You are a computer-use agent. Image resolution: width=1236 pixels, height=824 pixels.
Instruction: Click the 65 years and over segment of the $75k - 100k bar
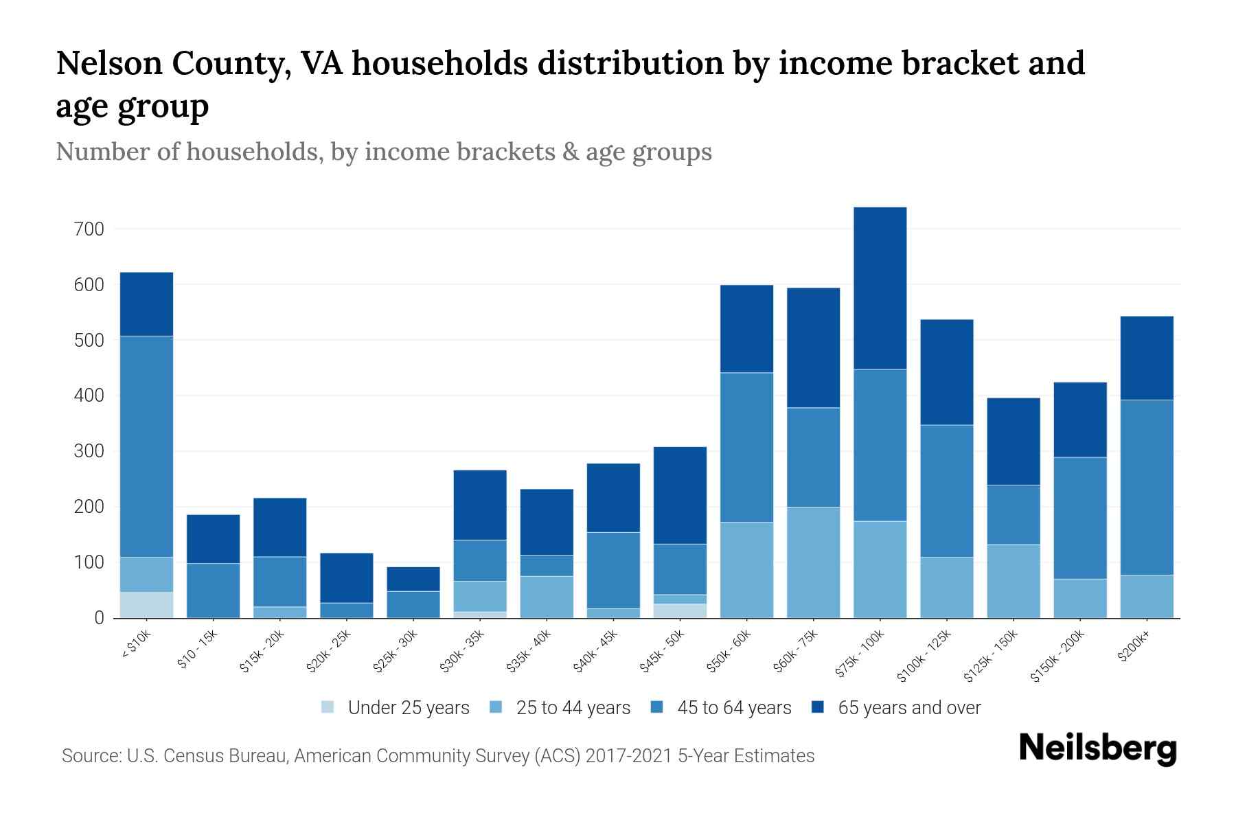click(x=880, y=288)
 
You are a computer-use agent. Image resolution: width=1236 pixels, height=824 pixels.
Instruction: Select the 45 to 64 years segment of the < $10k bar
click(x=146, y=446)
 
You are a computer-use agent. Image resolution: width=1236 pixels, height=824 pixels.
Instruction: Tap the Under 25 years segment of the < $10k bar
click(x=146, y=604)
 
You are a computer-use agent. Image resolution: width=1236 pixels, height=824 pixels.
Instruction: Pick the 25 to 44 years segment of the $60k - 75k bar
click(x=813, y=562)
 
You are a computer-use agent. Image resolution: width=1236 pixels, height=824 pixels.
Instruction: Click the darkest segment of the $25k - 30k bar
click(x=413, y=579)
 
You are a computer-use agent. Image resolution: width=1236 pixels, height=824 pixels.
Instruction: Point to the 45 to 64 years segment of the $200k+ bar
click(x=1146, y=488)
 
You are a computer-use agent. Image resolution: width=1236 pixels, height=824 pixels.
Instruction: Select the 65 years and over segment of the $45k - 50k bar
click(x=680, y=495)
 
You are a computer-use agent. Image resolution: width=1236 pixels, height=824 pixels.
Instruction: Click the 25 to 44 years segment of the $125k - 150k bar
click(x=1013, y=581)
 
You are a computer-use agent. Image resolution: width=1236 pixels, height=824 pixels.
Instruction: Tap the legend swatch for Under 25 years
click(x=328, y=707)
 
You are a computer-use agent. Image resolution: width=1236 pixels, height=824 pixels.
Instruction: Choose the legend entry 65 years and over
click(x=908, y=708)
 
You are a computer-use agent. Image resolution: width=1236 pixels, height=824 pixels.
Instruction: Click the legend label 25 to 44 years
click(x=573, y=708)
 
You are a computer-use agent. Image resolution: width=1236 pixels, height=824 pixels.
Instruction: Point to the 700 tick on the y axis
click(x=89, y=229)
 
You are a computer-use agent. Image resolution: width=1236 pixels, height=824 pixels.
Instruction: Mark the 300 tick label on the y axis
click(x=89, y=451)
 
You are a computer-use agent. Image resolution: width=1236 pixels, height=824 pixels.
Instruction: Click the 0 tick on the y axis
click(x=99, y=618)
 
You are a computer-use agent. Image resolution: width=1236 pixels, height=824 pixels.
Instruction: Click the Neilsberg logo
click(x=1097, y=748)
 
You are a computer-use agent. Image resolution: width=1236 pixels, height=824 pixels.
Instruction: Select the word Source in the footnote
click(x=90, y=756)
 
